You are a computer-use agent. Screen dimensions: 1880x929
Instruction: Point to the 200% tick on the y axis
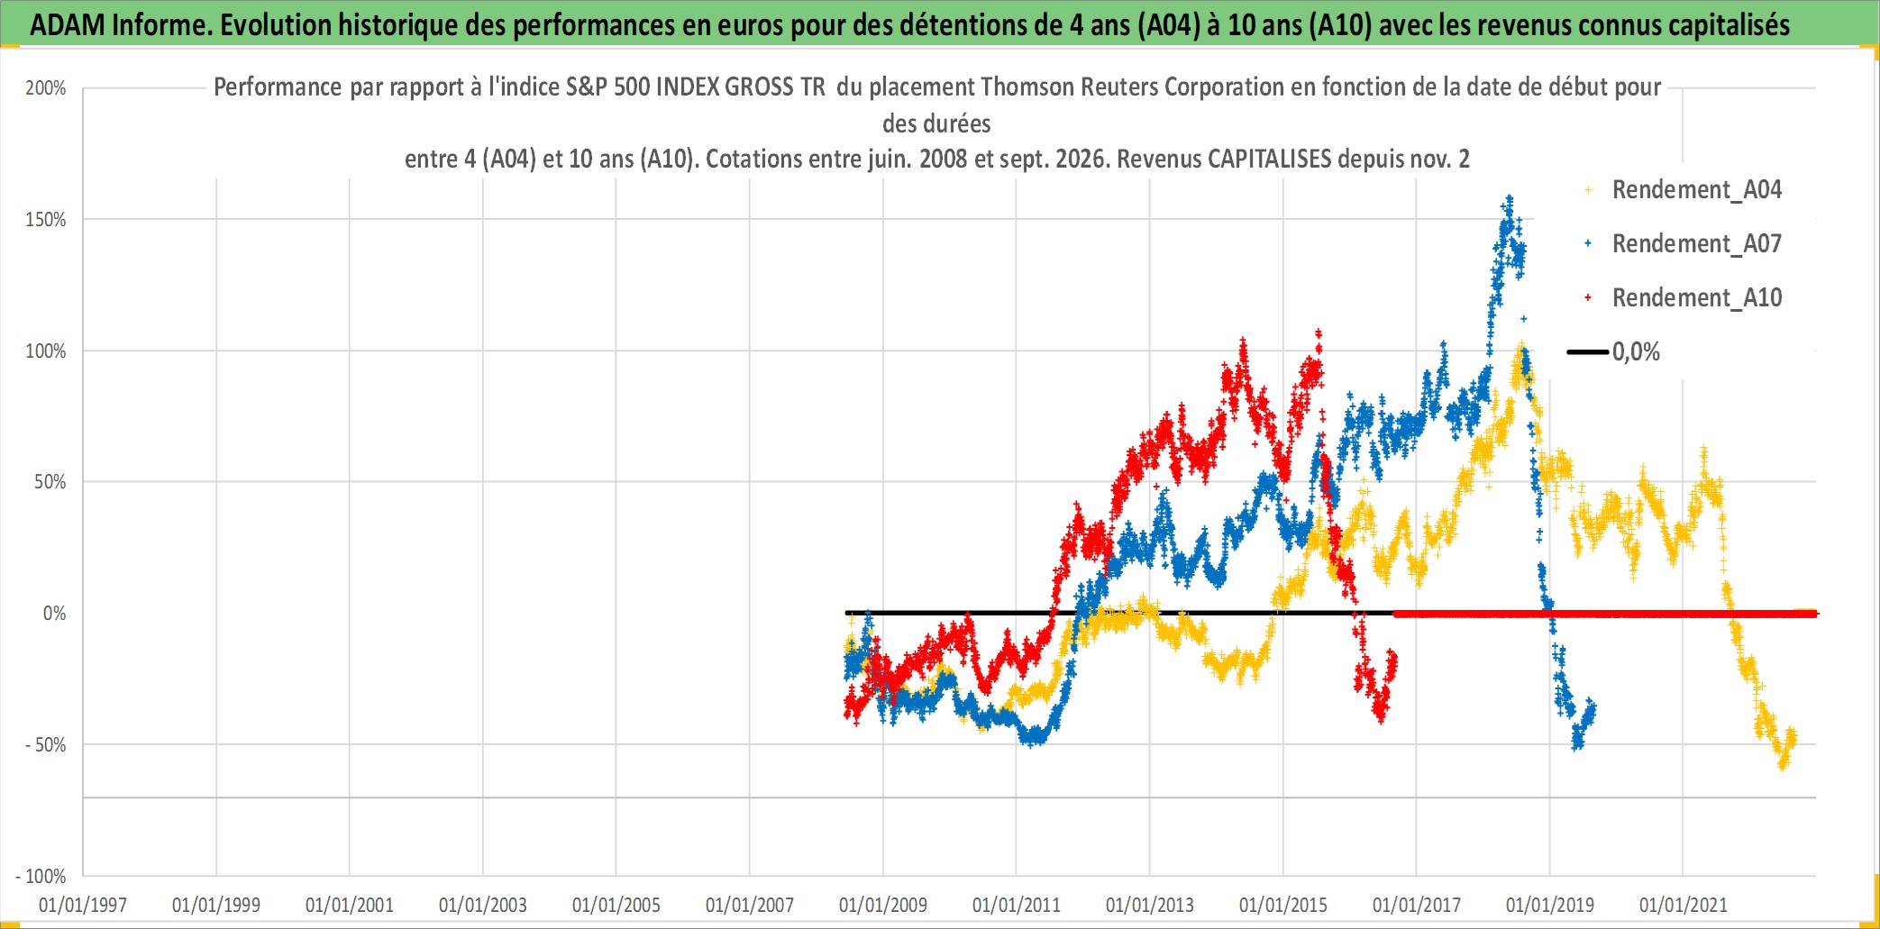click(46, 88)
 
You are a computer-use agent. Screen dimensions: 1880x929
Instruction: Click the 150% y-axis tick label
click(46, 220)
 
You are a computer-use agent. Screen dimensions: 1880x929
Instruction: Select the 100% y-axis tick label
click(46, 351)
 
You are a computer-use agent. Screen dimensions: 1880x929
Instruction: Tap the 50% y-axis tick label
click(50, 482)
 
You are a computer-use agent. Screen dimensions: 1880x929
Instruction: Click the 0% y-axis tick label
click(55, 614)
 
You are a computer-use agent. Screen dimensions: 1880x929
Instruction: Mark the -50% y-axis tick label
click(46, 745)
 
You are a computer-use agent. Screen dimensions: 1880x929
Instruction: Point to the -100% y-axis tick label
click(41, 876)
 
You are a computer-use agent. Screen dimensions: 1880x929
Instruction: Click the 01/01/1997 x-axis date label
click(83, 905)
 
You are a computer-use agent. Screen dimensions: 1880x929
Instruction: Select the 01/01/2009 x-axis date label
click(883, 905)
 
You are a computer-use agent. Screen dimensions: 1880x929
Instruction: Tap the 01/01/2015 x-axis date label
click(1283, 905)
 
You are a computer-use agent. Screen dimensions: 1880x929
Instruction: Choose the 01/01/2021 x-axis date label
click(1684, 905)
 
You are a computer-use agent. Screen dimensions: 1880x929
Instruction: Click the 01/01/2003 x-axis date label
click(483, 905)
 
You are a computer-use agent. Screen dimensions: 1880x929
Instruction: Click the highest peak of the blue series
click(1510, 197)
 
